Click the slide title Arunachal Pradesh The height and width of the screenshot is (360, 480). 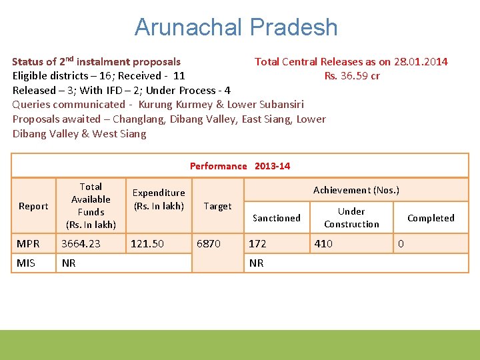(236, 27)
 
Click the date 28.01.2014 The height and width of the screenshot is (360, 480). (421, 62)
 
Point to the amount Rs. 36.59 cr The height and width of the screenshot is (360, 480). (352, 75)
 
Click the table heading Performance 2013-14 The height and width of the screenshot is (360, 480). (240, 166)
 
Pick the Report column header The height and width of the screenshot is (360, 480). (33, 206)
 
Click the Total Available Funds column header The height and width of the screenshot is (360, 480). (91, 205)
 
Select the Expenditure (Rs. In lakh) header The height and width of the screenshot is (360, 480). (159, 199)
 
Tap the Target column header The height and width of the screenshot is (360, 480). (218, 206)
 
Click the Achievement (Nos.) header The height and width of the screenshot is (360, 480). (356, 190)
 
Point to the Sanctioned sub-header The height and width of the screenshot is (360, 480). (276, 218)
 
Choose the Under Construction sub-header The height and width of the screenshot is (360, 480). (351, 218)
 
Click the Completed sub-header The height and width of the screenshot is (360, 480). (431, 218)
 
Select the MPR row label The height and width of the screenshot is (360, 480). (28, 244)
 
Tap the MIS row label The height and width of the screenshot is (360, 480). (26, 263)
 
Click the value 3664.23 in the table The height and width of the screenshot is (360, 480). (81, 244)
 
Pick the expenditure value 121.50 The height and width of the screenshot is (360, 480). (147, 244)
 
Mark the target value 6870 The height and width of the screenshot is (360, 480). (208, 244)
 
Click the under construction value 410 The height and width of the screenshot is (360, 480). (323, 244)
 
